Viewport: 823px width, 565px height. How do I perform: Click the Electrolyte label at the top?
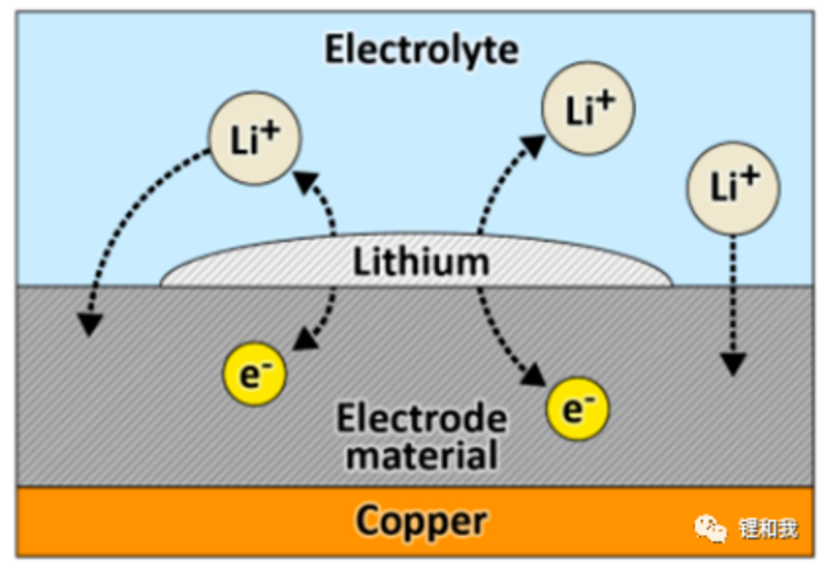pos(421,48)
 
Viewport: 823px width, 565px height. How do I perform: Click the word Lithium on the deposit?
pos(421,262)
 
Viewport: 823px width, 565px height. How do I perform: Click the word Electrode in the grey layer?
pos(421,418)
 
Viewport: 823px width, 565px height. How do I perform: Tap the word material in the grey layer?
pos(421,455)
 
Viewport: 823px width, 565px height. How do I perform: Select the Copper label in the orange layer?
pos(421,520)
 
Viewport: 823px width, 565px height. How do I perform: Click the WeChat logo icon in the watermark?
pos(712,529)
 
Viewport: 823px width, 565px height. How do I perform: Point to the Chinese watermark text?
pos(768,529)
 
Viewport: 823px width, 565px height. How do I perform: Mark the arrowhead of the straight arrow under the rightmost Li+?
pos(731,364)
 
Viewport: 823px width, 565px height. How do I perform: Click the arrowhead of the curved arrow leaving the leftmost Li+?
pos(90,323)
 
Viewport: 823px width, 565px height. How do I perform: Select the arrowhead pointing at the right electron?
pos(533,376)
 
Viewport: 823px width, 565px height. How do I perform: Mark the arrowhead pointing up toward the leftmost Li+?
pos(305,178)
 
